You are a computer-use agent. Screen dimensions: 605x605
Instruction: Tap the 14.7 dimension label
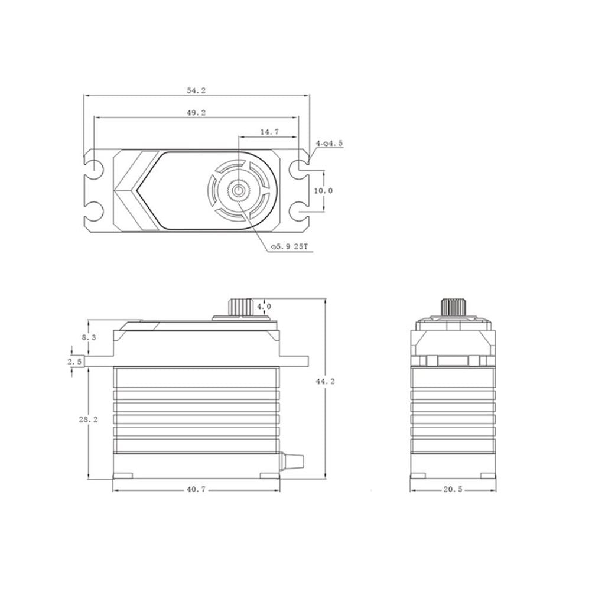point(269,132)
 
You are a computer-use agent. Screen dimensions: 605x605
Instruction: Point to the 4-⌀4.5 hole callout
point(330,144)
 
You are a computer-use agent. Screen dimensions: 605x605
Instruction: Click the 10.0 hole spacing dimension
point(324,191)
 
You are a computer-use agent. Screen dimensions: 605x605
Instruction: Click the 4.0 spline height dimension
point(265,307)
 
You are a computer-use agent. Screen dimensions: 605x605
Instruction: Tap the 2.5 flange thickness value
point(74,362)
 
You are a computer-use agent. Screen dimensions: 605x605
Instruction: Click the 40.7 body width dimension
point(196,489)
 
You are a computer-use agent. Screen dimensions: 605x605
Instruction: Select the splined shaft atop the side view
point(240,307)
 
